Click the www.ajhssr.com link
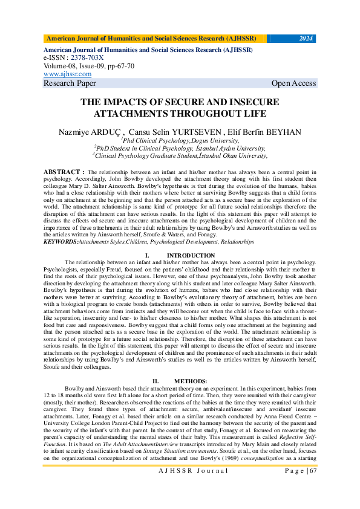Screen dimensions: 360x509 [68, 74]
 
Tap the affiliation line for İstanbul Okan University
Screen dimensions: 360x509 [180, 155]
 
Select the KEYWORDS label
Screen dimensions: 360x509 [61, 241]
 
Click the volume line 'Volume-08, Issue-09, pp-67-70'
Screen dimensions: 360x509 [89, 65]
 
